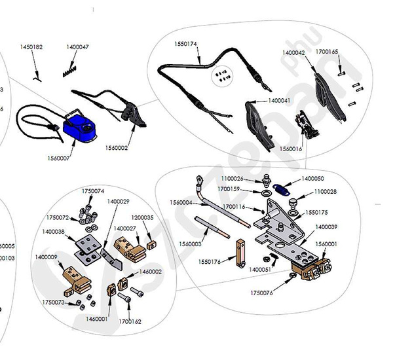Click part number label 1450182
[31, 47]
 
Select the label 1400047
[78, 47]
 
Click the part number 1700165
[327, 50]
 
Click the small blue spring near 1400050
[282, 190]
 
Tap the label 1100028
[326, 192]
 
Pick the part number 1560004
[181, 203]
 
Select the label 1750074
[93, 190]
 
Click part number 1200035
[142, 217]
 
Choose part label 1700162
[130, 321]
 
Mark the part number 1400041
[279, 101]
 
